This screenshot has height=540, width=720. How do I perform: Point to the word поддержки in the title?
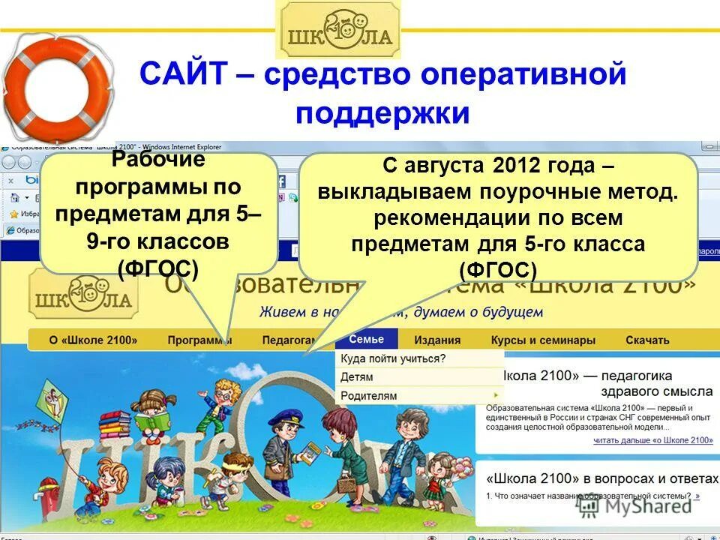(x=382, y=113)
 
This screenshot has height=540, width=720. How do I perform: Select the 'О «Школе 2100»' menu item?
(x=93, y=340)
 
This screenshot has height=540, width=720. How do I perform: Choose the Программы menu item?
(x=199, y=340)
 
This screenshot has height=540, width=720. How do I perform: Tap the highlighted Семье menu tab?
(x=366, y=339)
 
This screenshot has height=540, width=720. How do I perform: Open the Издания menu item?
(x=437, y=340)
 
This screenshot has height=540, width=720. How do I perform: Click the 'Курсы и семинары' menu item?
(x=543, y=340)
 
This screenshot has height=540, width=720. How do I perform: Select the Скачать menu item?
(x=646, y=340)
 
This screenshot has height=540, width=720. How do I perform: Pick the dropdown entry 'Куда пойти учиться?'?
(x=393, y=358)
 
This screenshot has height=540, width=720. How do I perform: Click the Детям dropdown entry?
(x=357, y=376)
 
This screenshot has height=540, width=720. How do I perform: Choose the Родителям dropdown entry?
(x=369, y=395)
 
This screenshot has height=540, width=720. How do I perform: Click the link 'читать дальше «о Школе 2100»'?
(x=652, y=440)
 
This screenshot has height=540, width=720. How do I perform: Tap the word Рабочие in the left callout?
(x=157, y=160)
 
